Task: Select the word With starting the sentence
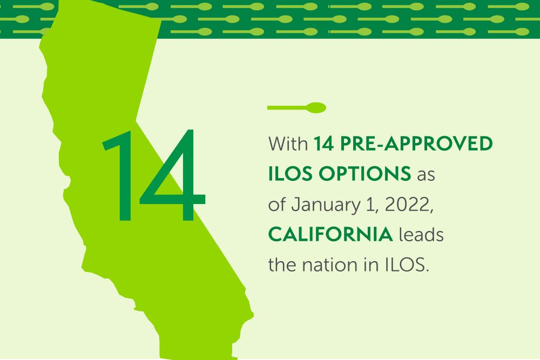tap(288, 144)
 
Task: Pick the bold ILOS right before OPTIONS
tap(291, 174)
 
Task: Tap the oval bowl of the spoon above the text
tap(316, 107)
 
